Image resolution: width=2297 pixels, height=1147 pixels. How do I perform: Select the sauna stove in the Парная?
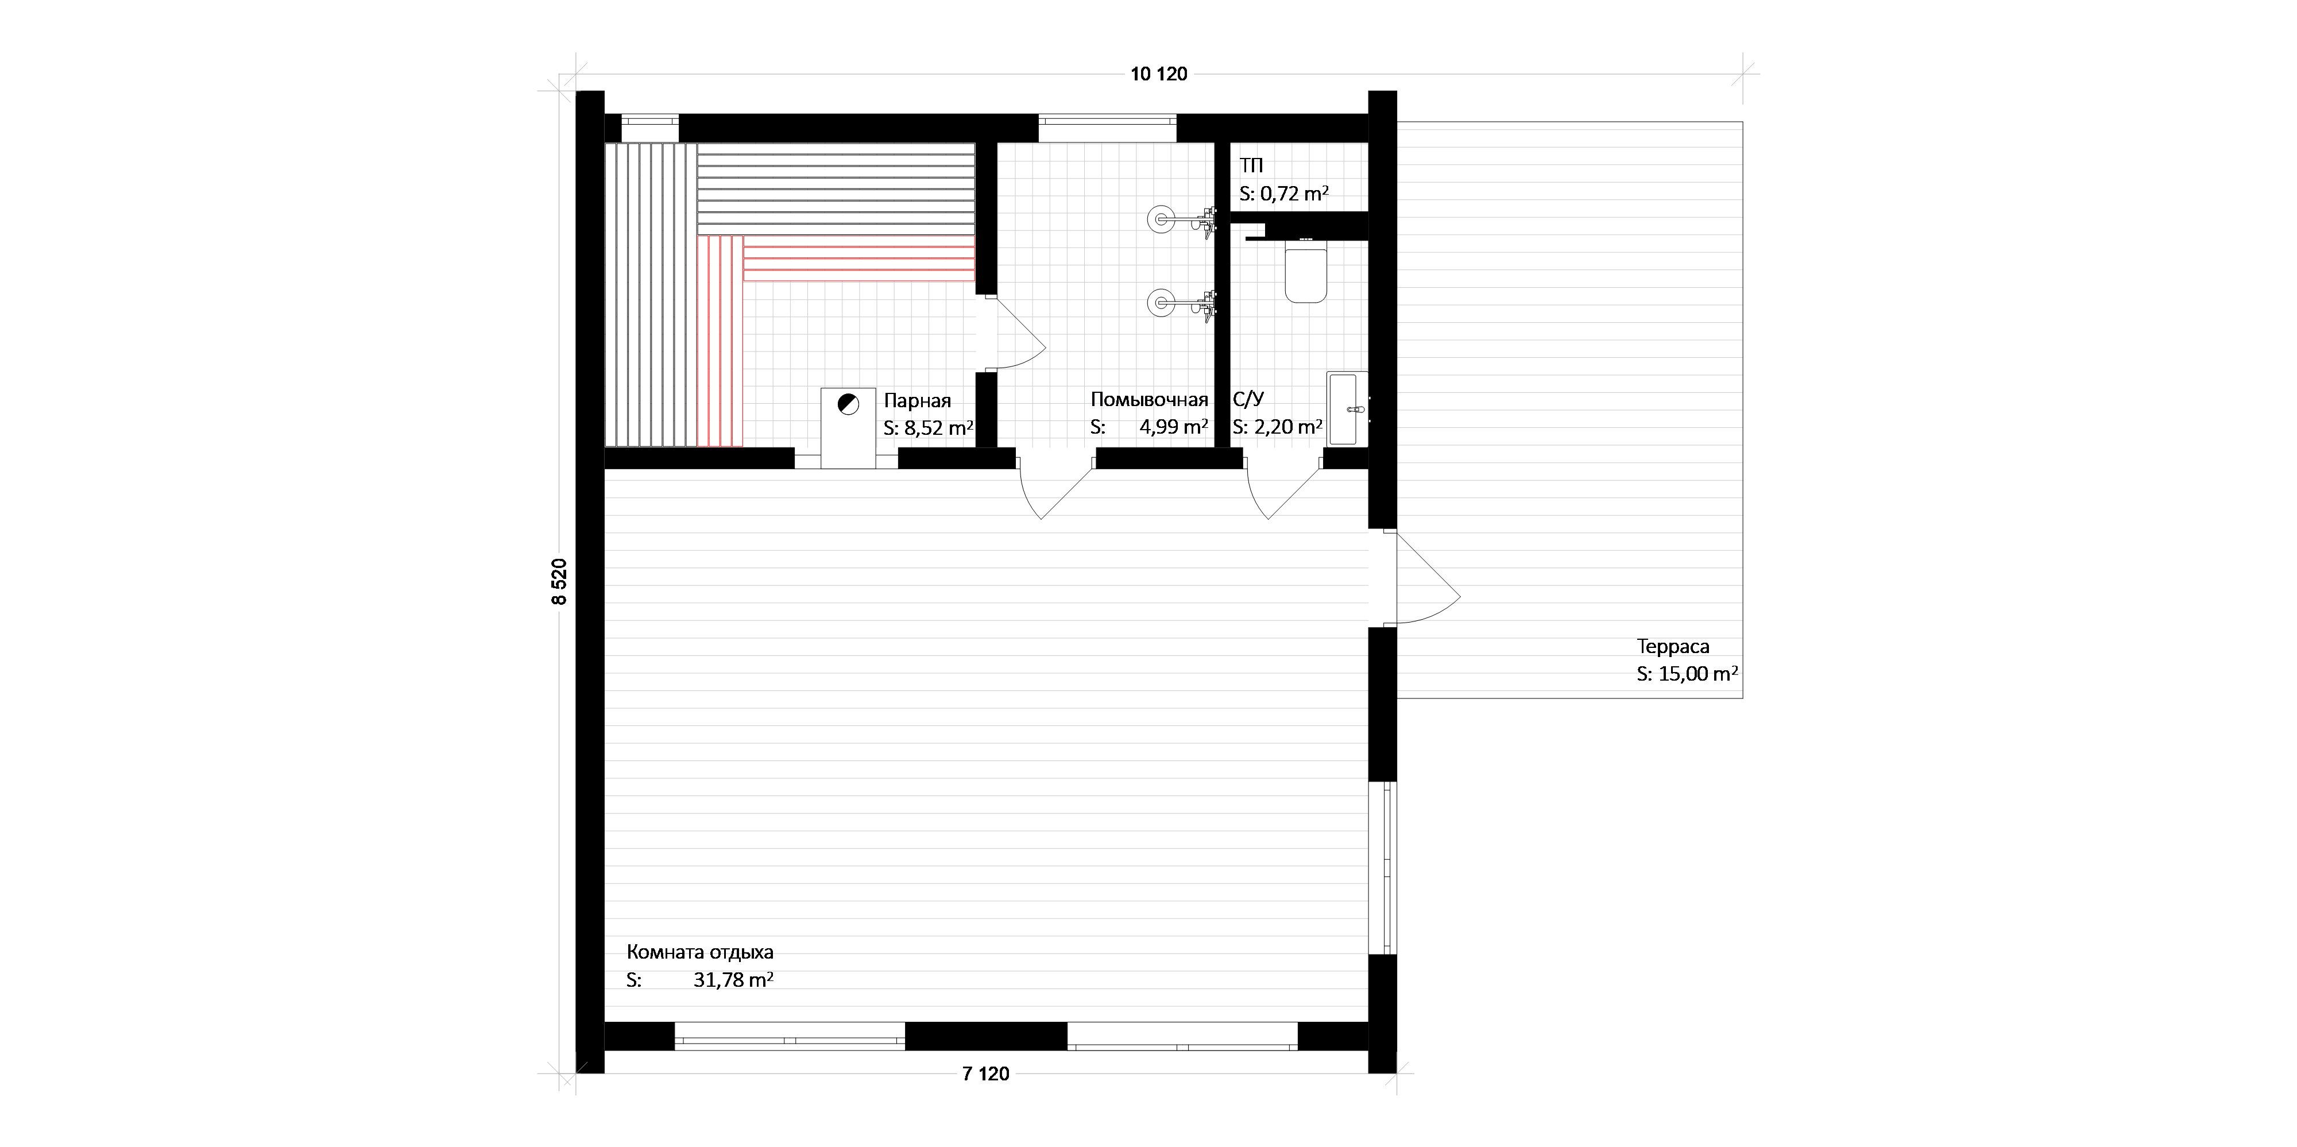point(848,428)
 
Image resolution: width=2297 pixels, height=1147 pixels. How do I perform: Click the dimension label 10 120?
point(1159,75)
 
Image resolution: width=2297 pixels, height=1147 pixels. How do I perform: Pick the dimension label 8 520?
point(559,581)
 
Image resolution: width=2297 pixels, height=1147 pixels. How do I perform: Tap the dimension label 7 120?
point(985,1074)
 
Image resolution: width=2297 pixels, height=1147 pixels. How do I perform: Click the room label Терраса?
point(1673,647)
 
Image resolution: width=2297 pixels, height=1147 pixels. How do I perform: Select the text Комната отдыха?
point(700,952)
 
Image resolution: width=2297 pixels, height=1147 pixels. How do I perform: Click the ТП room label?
point(1251,165)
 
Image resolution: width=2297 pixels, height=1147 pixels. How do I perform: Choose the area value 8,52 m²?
point(939,427)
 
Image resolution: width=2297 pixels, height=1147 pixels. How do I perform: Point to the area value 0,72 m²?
point(1294,194)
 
